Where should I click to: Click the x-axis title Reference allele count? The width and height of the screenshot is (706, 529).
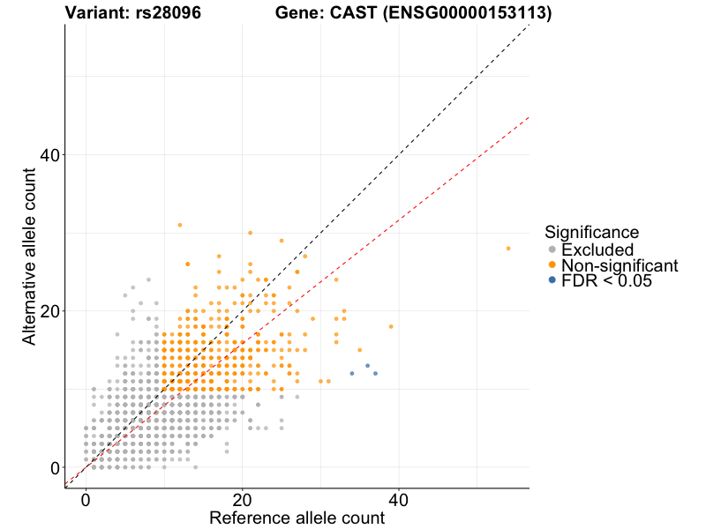tap(297, 518)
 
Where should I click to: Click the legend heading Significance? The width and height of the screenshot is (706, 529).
tap(591, 233)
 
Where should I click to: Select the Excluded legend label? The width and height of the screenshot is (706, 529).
tap(597, 250)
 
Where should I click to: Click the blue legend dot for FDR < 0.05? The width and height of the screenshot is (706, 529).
tap(552, 280)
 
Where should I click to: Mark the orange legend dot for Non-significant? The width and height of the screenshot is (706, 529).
tap(552, 265)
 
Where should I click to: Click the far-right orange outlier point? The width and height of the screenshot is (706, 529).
tap(507, 249)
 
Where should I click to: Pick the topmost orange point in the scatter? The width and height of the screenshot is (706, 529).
tap(179, 225)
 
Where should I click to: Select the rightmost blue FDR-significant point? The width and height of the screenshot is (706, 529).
tap(375, 374)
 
